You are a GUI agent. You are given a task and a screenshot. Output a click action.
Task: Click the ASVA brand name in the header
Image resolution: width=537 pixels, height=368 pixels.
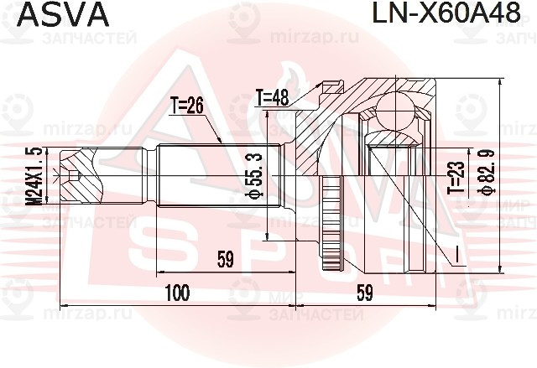pyautogui.click(x=53, y=14)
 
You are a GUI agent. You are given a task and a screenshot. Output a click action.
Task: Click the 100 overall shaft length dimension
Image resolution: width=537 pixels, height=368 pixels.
pyautogui.click(x=177, y=293)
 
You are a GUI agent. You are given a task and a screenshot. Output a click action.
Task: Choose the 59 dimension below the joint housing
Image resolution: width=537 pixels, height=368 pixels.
pyautogui.click(x=364, y=293)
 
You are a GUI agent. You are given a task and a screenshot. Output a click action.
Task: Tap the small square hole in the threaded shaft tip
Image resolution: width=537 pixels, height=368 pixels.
pyautogui.click(x=76, y=176)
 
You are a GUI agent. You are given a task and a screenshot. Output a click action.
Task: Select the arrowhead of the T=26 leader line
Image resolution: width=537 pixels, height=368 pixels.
pyautogui.click(x=221, y=143)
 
